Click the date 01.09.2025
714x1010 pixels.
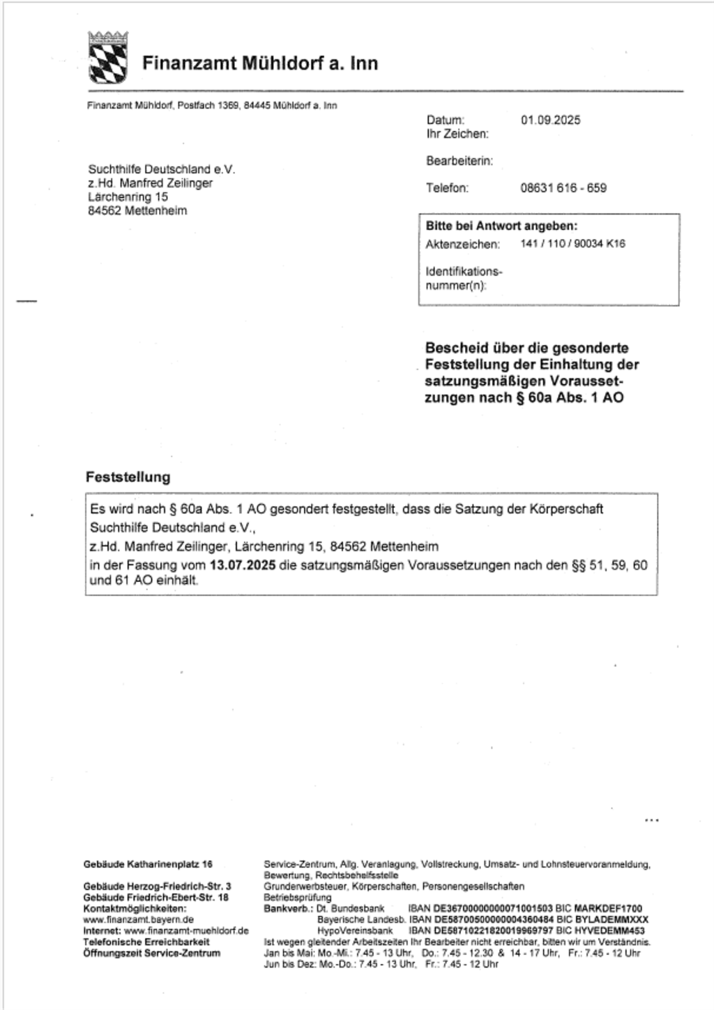click(550, 120)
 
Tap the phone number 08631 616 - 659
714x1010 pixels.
click(563, 188)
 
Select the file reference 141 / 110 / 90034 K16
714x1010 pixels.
click(572, 244)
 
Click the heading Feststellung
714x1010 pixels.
click(128, 477)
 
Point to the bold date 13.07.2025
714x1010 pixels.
click(242, 565)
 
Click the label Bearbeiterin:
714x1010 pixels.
click(459, 161)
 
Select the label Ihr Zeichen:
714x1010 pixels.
click(457, 134)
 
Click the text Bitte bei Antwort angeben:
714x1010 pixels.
click(501, 226)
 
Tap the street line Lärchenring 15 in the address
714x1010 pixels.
click(128, 197)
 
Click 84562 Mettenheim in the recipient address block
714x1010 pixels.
click(137, 211)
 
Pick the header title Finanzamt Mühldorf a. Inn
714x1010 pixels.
click(260, 63)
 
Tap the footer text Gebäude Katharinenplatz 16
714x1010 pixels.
click(148, 865)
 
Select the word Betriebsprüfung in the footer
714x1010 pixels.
click(298, 898)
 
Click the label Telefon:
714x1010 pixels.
click(447, 188)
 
